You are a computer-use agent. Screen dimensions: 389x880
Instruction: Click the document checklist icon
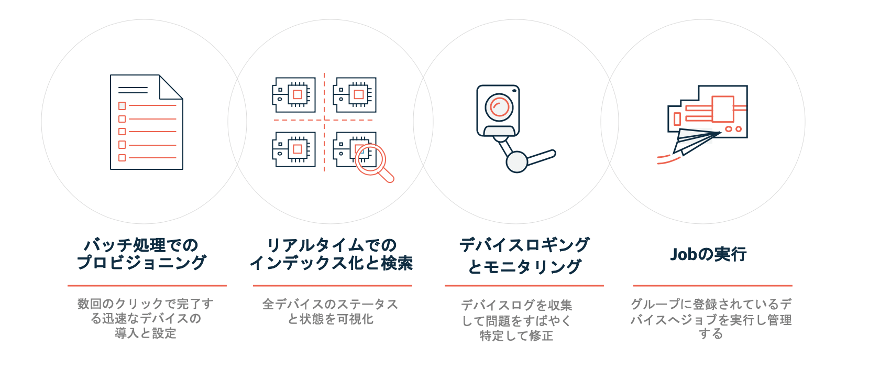click(146, 122)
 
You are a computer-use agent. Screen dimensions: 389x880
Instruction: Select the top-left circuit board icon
click(294, 95)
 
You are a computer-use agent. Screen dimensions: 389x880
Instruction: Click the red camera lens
click(499, 107)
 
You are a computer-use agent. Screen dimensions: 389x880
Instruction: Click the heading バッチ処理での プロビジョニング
click(142, 254)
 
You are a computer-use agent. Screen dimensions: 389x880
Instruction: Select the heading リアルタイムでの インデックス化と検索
click(332, 254)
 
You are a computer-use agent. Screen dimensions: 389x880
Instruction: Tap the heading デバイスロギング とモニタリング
click(524, 255)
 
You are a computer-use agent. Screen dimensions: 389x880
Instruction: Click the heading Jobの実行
click(708, 254)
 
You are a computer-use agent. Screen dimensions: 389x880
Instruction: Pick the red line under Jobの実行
click(712, 286)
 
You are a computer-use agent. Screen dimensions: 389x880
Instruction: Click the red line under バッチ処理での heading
click(147, 286)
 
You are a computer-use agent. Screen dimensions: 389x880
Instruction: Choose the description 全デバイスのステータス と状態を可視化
click(331, 311)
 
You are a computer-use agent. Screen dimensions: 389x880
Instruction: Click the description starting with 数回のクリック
click(146, 318)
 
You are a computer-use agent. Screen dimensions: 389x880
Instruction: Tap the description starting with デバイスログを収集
click(516, 320)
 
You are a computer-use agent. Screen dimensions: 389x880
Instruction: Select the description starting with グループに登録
click(711, 319)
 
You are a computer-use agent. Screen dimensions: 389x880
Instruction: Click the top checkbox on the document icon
click(122, 106)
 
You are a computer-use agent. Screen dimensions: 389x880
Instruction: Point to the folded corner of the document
click(170, 87)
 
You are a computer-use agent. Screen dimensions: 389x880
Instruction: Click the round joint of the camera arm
click(516, 161)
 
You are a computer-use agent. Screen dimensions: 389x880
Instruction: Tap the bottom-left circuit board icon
click(294, 149)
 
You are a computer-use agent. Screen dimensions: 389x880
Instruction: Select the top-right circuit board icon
click(355, 95)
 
